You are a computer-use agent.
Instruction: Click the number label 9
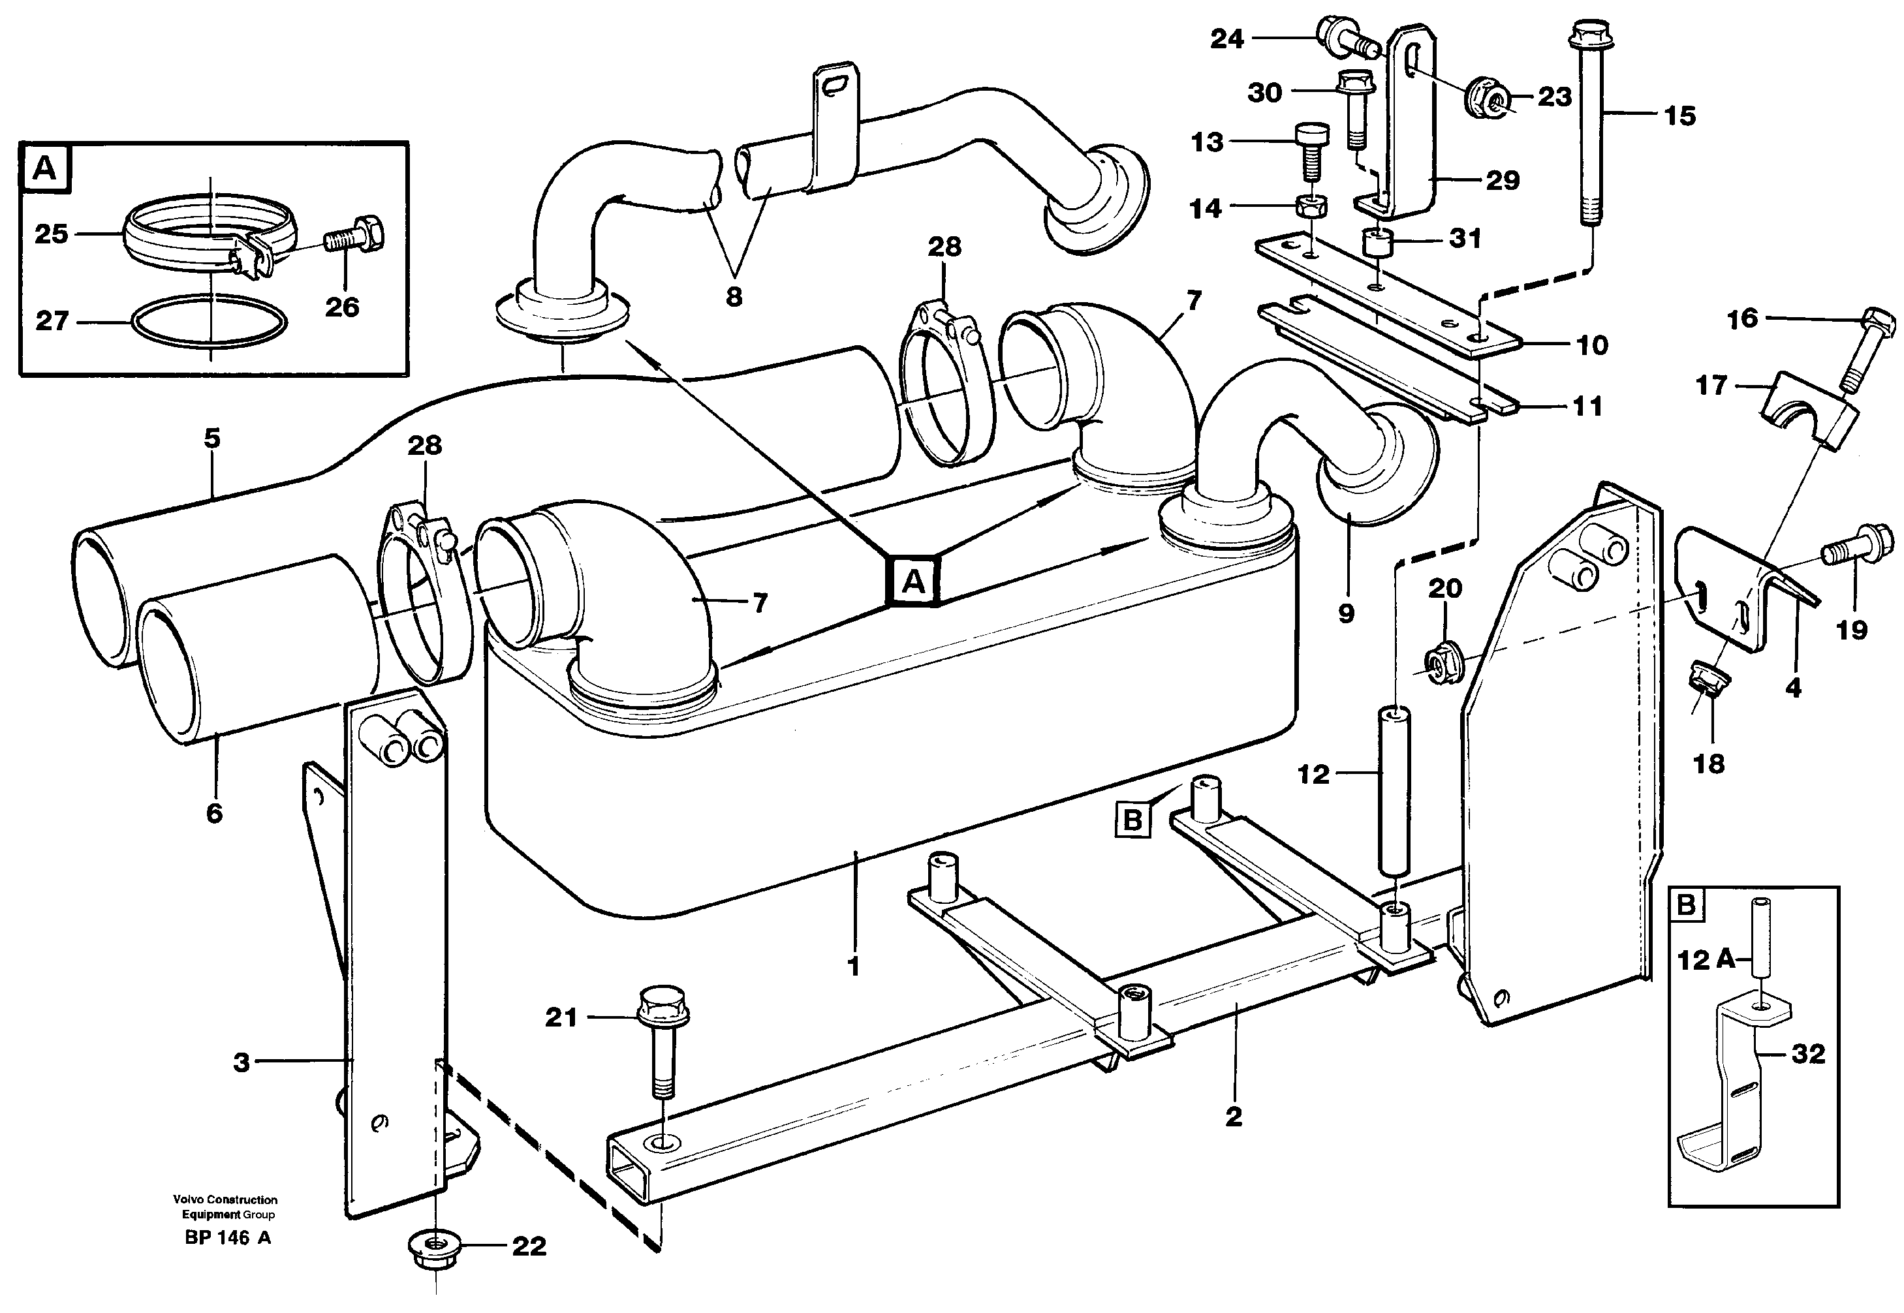click(x=1346, y=613)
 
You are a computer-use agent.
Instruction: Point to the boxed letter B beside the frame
click(x=1132, y=820)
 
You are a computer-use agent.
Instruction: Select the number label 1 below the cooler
click(x=853, y=966)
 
